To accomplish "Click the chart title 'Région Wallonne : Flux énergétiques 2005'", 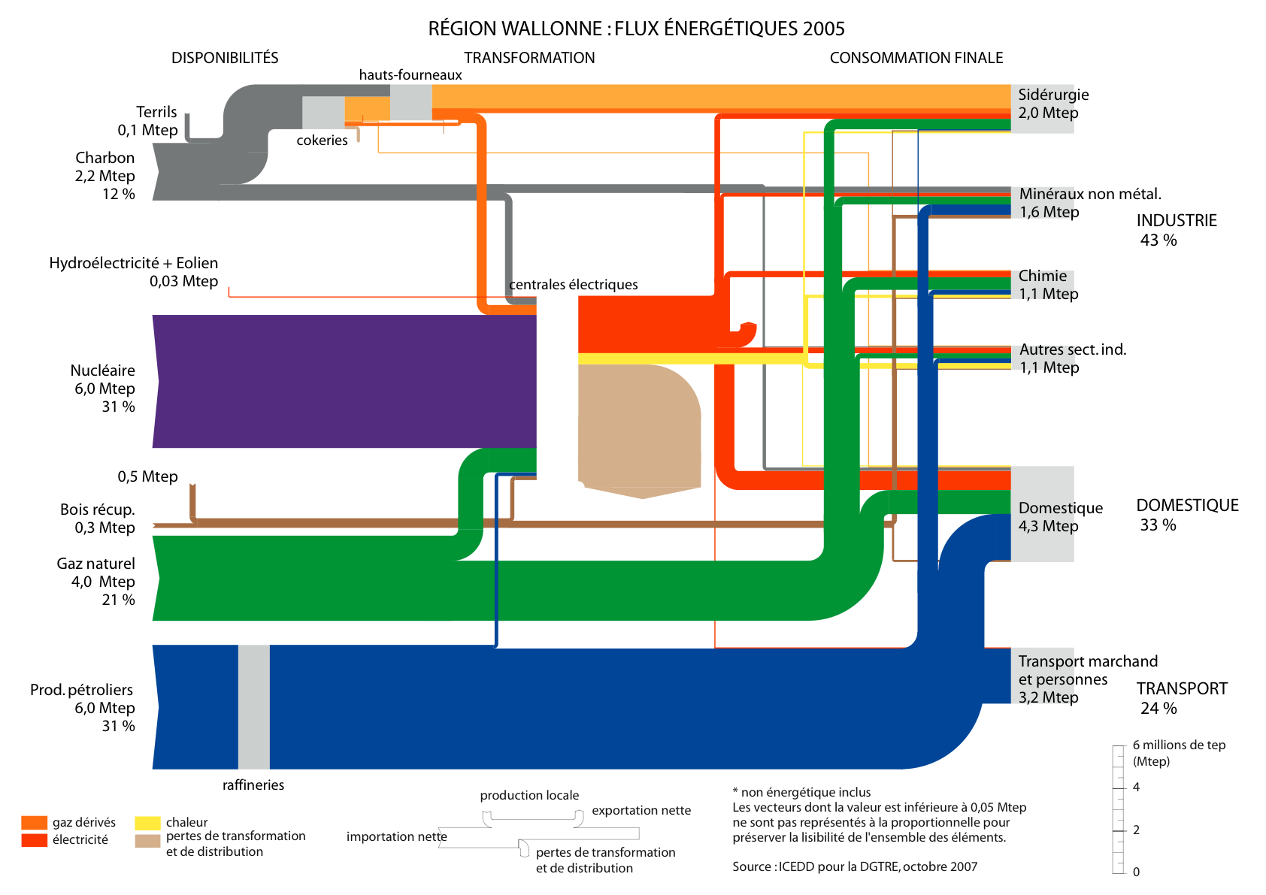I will [636, 29].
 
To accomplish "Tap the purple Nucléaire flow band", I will [346, 381].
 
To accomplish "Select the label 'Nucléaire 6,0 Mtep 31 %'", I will [104, 389].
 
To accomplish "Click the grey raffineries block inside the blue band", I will [254, 706].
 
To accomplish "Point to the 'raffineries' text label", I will [253, 785].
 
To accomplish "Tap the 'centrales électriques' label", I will [573, 285].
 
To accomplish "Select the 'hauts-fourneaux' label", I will [410, 74].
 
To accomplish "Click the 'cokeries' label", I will [322, 141].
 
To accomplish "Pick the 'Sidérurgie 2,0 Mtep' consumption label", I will [1052, 104].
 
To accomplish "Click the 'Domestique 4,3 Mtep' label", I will [1059, 517].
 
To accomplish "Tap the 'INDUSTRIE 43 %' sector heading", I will [1176, 230].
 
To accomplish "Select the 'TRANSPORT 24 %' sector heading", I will [1180, 698].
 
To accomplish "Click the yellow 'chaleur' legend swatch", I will [148, 823].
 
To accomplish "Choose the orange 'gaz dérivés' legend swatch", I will [35, 823].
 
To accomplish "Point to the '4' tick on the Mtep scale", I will [1136, 788].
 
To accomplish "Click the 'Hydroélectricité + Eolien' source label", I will [134, 263].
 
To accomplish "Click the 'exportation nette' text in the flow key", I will [641, 810].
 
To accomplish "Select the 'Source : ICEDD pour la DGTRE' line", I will [855, 866].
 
